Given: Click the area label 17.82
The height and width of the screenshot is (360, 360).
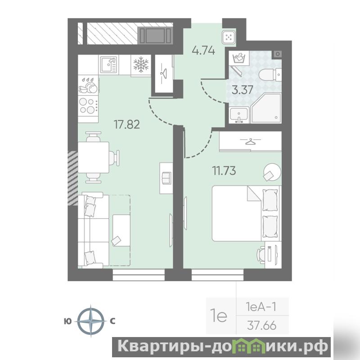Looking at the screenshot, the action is point(127,125).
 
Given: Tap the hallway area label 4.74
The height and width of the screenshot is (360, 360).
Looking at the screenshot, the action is point(203,50).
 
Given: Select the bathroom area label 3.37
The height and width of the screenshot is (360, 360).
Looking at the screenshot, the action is point(243,90).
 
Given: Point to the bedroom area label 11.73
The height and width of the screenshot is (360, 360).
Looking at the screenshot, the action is point(224,171).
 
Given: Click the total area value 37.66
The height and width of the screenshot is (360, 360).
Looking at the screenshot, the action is point(262,325).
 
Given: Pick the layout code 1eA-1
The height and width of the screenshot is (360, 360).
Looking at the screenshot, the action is point(261,307).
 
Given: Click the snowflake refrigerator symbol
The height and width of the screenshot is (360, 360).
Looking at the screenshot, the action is point(141,64).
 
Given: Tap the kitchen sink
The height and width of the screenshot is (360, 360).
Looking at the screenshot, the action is point(109,64).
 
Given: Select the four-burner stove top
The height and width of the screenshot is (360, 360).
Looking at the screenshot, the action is point(88,106).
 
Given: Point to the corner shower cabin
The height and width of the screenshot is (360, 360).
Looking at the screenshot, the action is point(266,108).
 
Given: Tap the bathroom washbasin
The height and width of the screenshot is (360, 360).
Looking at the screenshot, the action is point(239,115).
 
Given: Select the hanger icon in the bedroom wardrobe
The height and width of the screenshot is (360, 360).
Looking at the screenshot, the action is point(250,141).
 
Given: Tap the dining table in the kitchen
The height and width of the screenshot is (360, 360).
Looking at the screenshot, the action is point(94,157).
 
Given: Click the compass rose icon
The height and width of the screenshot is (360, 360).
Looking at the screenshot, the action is point(91,321).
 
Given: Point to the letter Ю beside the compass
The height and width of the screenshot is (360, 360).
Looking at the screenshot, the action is point(68,321).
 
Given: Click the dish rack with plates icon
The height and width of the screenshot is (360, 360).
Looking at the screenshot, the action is point(88,85).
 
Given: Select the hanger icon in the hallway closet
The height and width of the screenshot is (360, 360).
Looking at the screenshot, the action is point(164,74).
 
